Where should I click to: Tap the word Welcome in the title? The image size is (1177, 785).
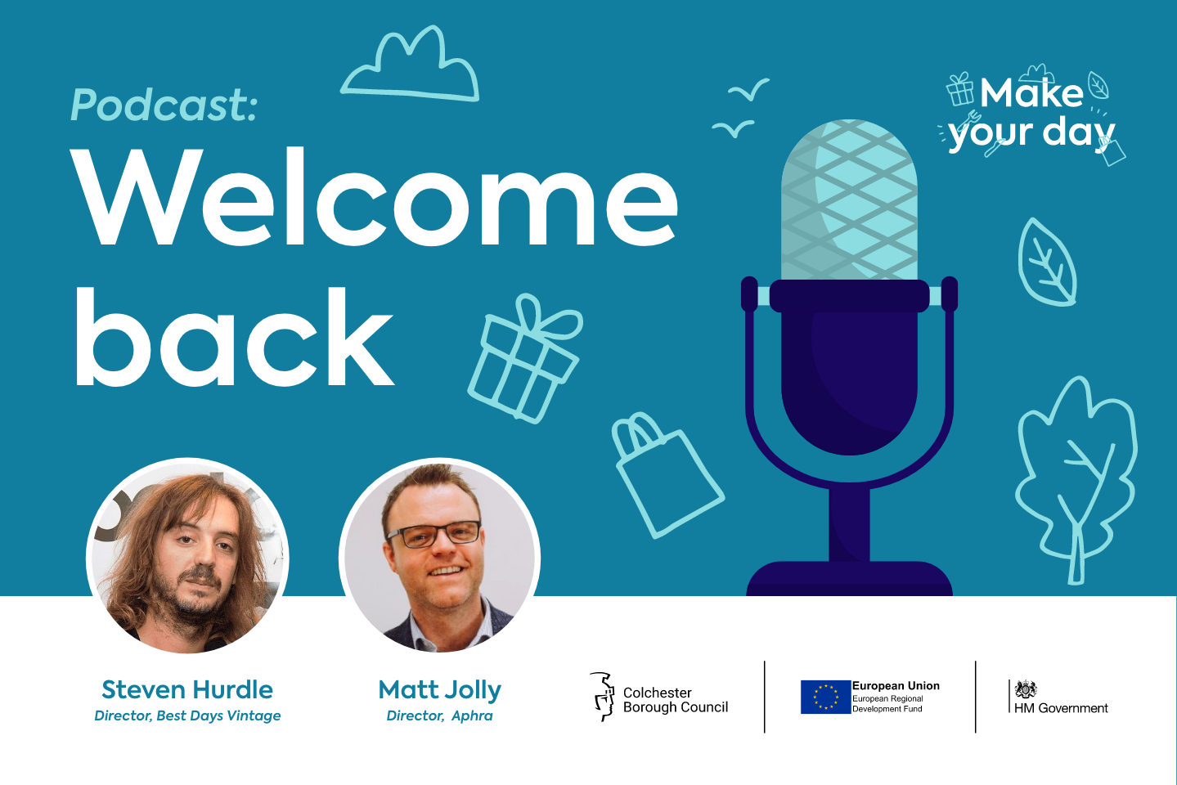[374, 197]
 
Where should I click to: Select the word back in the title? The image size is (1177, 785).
[235, 337]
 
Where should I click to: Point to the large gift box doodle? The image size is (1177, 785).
[524, 358]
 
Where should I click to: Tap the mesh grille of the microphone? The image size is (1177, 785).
[849, 200]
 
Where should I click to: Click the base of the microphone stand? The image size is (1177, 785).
[849, 578]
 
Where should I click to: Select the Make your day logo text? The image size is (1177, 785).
[1031, 115]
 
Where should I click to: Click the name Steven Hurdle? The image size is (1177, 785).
[187, 689]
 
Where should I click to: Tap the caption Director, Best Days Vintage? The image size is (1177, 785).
[187, 715]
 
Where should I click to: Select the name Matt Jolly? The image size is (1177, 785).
[440, 690]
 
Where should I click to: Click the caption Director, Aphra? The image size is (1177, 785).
[440, 715]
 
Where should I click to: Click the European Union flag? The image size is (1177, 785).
[825, 698]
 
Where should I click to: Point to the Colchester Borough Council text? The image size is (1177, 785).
[675, 700]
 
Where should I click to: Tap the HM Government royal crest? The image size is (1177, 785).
[1025, 689]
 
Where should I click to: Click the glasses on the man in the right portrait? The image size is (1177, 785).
[434, 534]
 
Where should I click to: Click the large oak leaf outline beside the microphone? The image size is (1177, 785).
[1076, 481]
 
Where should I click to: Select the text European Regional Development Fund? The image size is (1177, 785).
[887, 703]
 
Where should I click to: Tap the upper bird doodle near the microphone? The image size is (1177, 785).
[748, 89]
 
